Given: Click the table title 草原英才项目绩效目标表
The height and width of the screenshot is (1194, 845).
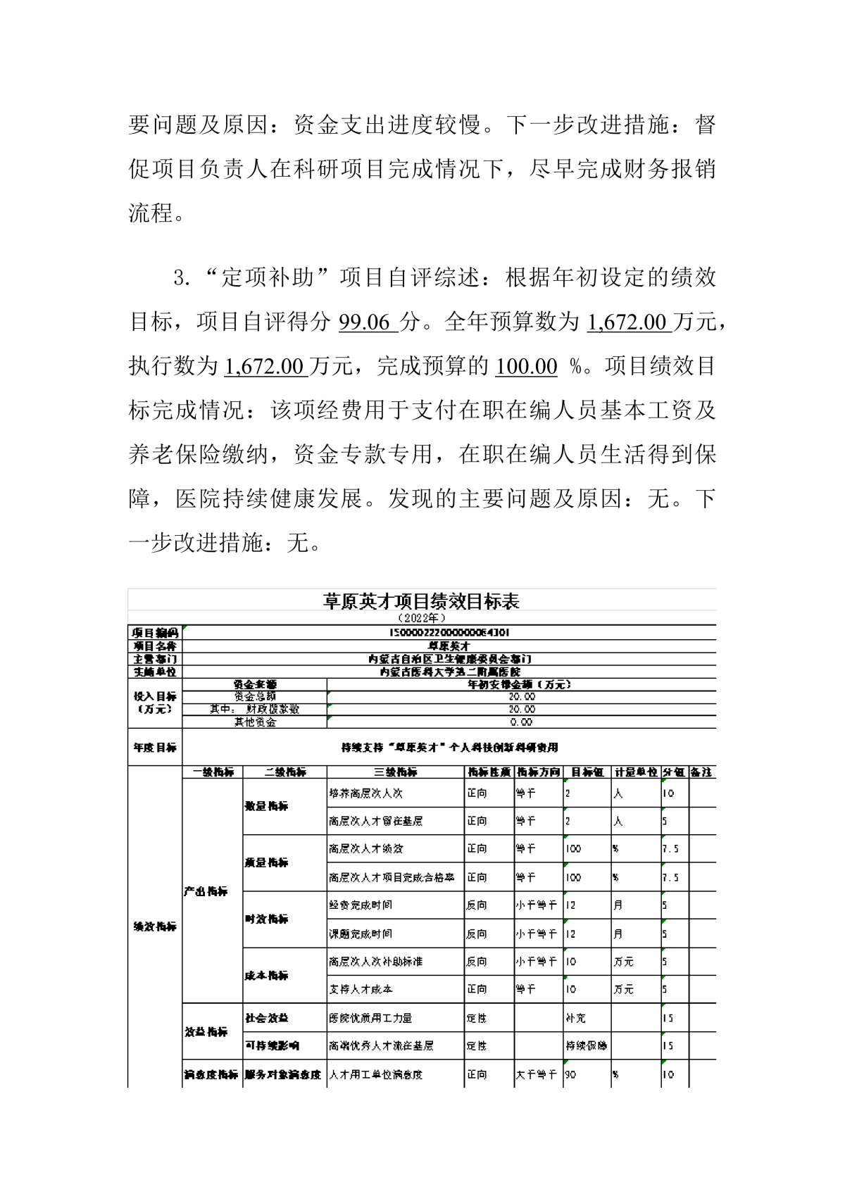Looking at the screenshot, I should tap(421, 601).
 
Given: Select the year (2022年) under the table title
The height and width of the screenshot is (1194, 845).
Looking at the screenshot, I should tap(421, 618).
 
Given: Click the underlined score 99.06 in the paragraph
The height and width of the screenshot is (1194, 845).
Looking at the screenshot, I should tap(365, 322).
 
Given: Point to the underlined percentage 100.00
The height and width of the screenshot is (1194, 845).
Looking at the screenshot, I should tap(526, 366).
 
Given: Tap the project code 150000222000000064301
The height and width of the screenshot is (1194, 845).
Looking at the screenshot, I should tap(449, 632).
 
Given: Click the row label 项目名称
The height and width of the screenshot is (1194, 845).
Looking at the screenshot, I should tap(155, 646).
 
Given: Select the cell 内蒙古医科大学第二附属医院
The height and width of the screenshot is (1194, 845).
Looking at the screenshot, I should tap(449, 672).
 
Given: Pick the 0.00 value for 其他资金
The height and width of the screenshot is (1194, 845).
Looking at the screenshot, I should tap(521, 722).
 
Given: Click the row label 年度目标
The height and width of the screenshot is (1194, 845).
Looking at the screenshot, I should tap(155, 747).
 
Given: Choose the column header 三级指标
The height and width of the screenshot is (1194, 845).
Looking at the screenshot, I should tap(395, 772).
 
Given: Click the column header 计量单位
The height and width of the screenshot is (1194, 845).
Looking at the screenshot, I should tap(635, 772).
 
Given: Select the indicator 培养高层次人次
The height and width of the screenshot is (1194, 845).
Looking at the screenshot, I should tap(365, 793).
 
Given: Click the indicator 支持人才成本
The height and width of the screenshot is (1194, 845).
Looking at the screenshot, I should tap(361, 989).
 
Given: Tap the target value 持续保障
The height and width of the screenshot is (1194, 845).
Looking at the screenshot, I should tap(586, 1046).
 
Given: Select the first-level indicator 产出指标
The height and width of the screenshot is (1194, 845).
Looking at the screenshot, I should tap(206, 891).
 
